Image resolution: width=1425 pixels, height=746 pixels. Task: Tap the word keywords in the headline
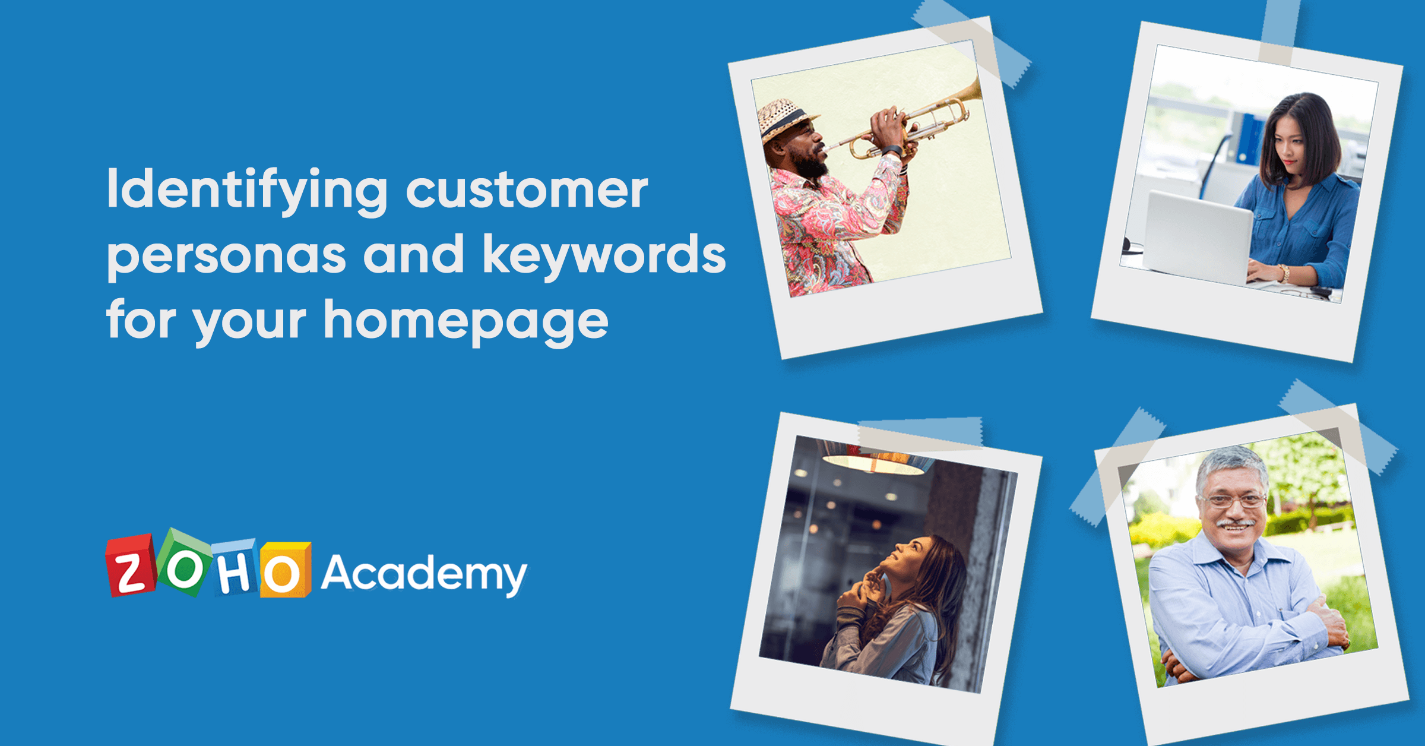[604, 255]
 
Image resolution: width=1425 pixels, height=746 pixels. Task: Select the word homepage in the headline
[466, 321]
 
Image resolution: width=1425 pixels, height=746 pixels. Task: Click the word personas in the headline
[226, 255]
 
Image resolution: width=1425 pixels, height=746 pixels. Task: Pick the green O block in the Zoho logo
[185, 564]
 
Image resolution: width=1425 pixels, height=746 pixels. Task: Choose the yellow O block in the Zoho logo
[284, 571]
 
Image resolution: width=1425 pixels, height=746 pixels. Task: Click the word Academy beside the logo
[423, 574]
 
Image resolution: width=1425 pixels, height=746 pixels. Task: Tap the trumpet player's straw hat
[784, 119]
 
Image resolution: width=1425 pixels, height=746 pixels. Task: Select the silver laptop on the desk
[1196, 238]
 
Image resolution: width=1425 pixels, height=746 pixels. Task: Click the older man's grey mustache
[1236, 523]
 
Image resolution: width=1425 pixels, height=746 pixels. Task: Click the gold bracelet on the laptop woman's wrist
[1284, 273]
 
